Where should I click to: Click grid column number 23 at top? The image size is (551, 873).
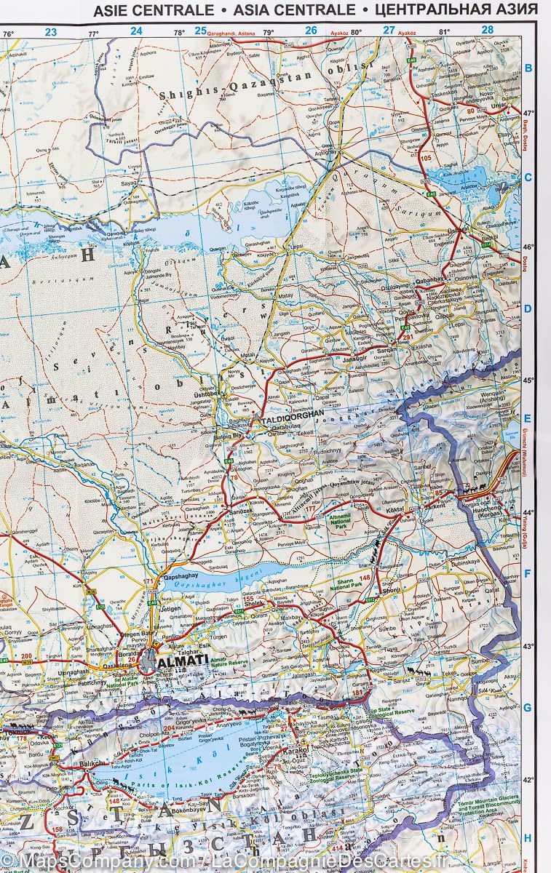click(x=50, y=31)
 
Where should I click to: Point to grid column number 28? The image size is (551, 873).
click(x=487, y=31)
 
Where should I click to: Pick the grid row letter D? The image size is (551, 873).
click(x=528, y=308)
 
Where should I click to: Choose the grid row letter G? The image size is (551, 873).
click(x=528, y=707)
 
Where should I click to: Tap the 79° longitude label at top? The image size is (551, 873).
click(x=268, y=33)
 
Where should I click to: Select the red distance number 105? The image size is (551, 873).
click(x=426, y=158)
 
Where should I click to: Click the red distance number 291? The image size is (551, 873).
click(x=407, y=336)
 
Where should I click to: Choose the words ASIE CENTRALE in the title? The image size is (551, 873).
click(x=154, y=10)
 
